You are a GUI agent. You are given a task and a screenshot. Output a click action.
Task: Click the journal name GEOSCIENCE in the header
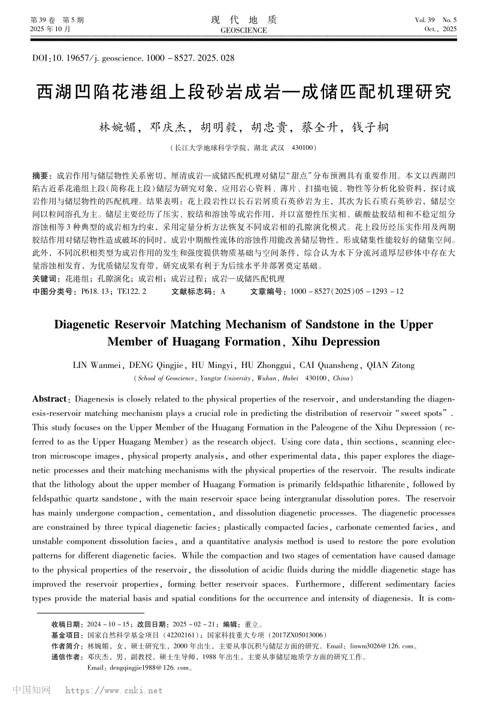point(244,29)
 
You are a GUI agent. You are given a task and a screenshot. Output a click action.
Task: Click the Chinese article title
point(244,93)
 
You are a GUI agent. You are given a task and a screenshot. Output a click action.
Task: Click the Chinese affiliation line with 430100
point(244,147)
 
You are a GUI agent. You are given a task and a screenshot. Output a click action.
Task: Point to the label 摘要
point(41,176)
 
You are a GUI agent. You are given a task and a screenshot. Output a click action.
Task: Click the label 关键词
point(46,279)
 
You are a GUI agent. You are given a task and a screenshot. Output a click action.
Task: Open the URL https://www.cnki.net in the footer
point(113,690)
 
